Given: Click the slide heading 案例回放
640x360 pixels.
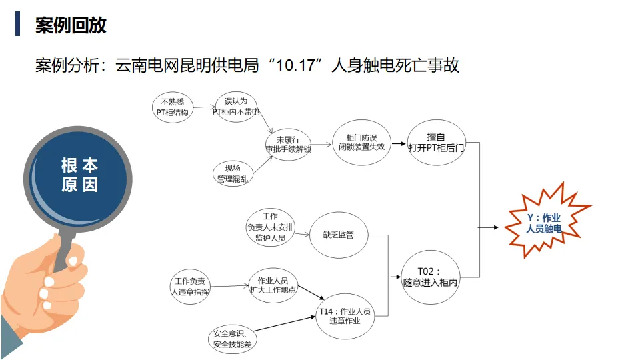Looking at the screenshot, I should tap(71, 25).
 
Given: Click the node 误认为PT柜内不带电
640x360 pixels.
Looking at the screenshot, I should tap(235, 107).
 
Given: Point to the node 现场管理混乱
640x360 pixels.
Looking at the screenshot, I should tap(233, 173).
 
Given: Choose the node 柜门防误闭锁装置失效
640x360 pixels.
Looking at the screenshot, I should tap(361, 141).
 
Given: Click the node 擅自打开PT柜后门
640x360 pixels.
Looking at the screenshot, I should tap(436, 142).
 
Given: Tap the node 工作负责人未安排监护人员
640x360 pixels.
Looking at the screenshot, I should tap(270, 227).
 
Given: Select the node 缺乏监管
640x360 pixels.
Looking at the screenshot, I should tap(338, 235).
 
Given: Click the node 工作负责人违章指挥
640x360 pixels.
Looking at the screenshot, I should tap(190, 286).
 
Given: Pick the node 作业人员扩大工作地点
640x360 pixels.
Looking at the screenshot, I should tap(272, 285).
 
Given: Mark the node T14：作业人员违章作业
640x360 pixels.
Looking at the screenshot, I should tap(344, 315).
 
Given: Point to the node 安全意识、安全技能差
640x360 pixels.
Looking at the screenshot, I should tap(231, 338).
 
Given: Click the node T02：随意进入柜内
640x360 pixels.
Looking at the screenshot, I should tap(431, 277).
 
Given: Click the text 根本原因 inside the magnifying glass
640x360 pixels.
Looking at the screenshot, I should tap(79, 175).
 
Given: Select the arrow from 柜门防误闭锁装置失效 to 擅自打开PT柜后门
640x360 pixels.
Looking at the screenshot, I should tap(398, 143).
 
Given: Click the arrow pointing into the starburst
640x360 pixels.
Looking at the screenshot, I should tap(489, 227).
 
